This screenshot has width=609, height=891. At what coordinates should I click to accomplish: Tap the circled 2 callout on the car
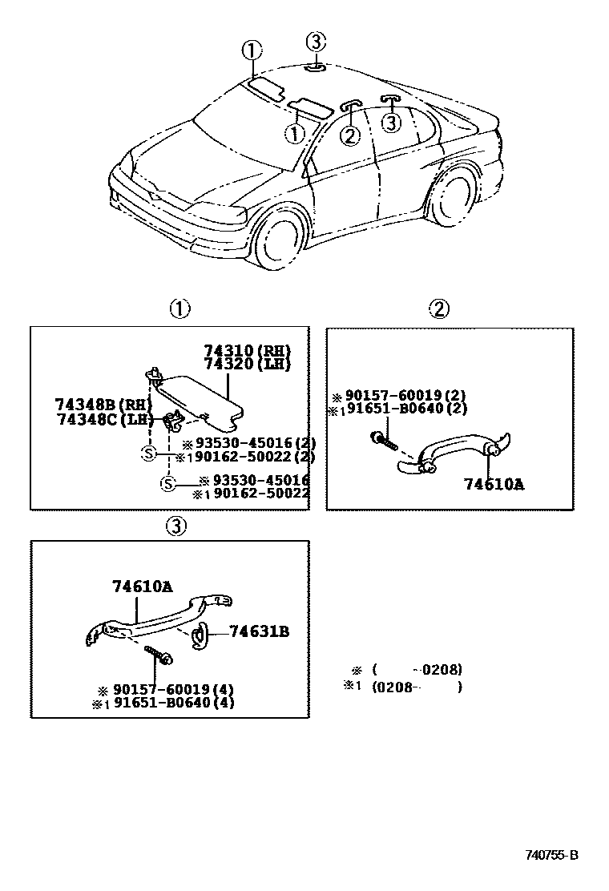349,135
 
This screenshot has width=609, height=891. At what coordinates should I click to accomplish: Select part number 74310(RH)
247,351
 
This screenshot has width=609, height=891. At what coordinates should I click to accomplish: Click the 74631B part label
259,631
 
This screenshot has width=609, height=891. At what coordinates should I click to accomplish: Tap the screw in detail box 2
382,440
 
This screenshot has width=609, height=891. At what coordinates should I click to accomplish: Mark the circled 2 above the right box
438,308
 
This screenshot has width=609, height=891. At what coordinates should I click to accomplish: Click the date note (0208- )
417,687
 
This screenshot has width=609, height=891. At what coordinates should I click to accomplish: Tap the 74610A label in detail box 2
494,484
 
